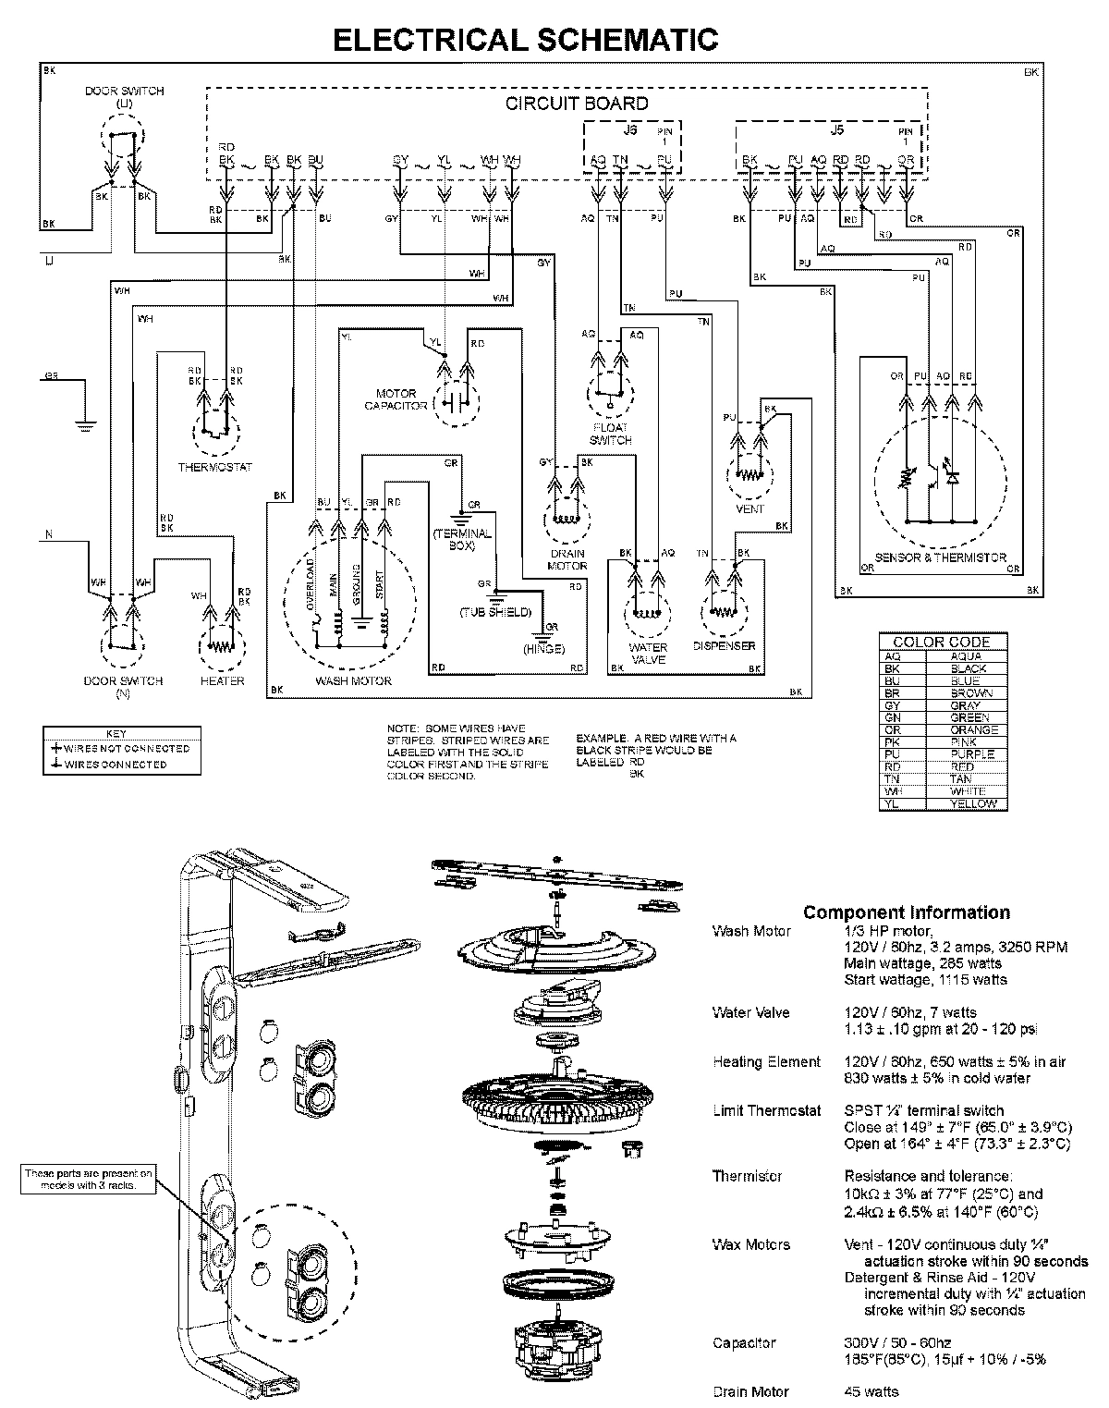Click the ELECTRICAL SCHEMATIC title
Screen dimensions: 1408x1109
click(x=524, y=39)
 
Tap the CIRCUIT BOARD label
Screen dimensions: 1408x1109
click(x=577, y=104)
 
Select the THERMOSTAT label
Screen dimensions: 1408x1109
click(x=214, y=468)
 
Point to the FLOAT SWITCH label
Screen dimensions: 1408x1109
click(x=610, y=434)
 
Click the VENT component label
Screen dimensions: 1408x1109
click(x=750, y=508)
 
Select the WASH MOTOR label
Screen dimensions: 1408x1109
click(x=353, y=680)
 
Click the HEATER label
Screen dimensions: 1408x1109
click(x=222, y=680)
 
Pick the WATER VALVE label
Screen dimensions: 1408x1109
click(x=648, y=654)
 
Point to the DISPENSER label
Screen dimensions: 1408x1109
click(x=724, y=646)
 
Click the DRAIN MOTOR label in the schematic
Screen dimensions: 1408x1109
click(x=567, y=559)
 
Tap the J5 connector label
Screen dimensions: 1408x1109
click(x=836, y=130)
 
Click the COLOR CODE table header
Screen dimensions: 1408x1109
click(x=941, y=642)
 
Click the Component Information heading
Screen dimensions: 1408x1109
click(x=906, y=912)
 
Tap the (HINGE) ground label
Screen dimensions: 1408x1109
click(x=543, y=649)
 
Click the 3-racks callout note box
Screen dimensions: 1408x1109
click(x=89, y=1179)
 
